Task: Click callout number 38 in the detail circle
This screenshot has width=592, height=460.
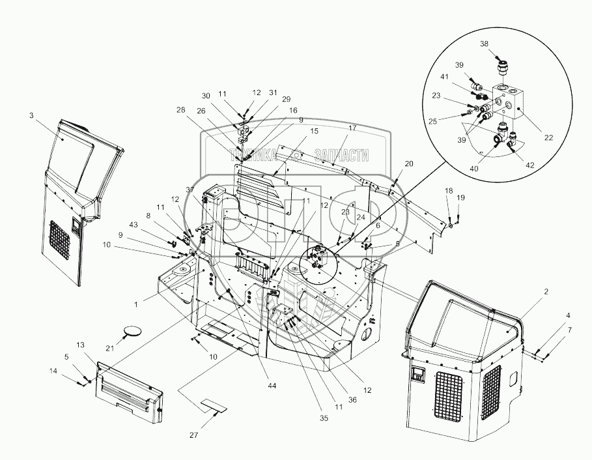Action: pyautogui.click(x=484, y=44)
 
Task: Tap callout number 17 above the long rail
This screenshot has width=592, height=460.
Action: pyautogui.click(x=352, y=128)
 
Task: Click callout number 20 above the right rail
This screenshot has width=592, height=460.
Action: pyautogui.click(x=409, y=164)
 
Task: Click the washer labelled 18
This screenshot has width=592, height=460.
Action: pyautogui.click(x=450, y=225)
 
